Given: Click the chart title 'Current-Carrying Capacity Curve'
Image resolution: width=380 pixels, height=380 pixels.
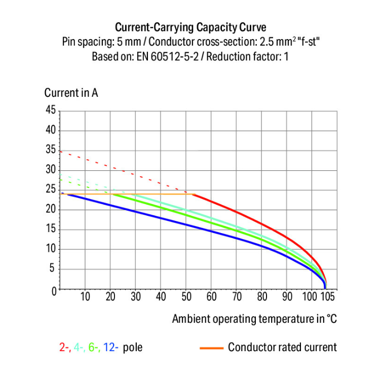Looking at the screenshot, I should click(x=190, y=27).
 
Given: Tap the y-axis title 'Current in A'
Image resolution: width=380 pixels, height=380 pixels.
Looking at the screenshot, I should click(x=71, y=93).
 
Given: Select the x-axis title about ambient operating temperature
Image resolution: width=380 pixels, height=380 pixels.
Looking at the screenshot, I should click(x=254, y=319).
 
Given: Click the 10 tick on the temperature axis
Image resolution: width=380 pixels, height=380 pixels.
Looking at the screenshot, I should click(x=85, y=297).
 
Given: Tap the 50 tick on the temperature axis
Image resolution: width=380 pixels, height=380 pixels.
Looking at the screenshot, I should click(x=186, y=297).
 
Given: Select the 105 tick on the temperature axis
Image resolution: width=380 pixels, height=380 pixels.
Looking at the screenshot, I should click(x=328, y=297).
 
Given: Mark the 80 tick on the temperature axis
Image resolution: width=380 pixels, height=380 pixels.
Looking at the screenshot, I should click(x=262, y=297).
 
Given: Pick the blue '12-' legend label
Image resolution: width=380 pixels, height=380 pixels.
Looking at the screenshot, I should click(x=111, y=348).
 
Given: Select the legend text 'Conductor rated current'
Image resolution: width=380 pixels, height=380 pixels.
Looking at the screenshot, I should click(x=282, y=348).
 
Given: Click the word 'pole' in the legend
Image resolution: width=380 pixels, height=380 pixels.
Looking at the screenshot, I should click(x=132, y=348).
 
